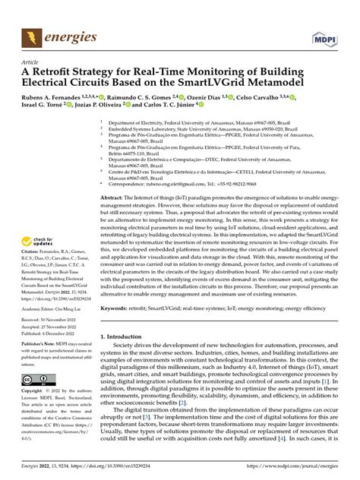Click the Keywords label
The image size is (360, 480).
point(125,330)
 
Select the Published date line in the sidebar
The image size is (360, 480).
point(52,335)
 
